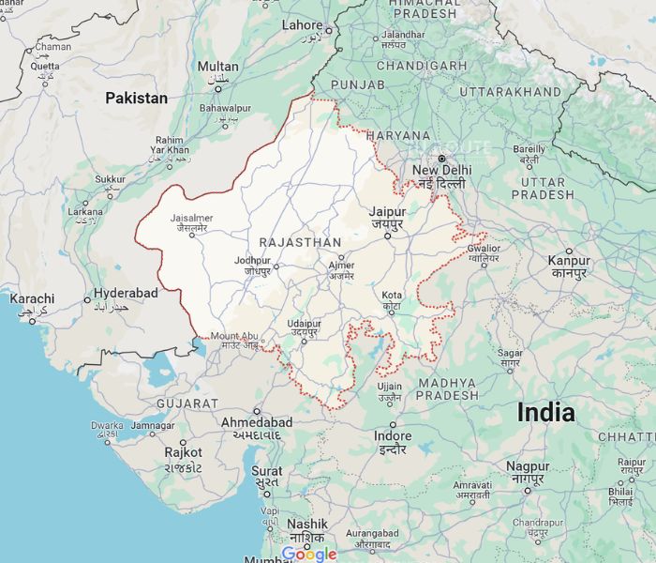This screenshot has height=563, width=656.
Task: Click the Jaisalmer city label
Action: click(192, 219)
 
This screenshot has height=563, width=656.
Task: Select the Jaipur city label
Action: click(387, 212)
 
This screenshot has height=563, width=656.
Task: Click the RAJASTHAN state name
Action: click(300, 242)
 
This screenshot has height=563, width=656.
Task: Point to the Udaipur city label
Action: click(305, 324)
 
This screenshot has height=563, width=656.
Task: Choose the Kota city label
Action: click(392, 297)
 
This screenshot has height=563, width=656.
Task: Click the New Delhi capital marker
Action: click(441, 158)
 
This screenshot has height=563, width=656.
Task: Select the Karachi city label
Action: click(32, 299)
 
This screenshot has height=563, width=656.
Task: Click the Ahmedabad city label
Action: click(256, 423)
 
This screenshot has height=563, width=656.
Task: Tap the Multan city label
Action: click(217, 67)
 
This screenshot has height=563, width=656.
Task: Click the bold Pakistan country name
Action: click(136, 98)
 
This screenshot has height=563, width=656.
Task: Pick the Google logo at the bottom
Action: click(309, 554)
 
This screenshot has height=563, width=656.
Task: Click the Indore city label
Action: click(392, 436)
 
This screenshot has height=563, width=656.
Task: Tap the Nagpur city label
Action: click(528, 466)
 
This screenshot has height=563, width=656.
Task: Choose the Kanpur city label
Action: click(569, 261)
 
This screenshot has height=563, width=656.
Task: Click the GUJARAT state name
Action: click(187, 403)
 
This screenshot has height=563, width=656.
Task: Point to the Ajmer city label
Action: click(341, 266)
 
